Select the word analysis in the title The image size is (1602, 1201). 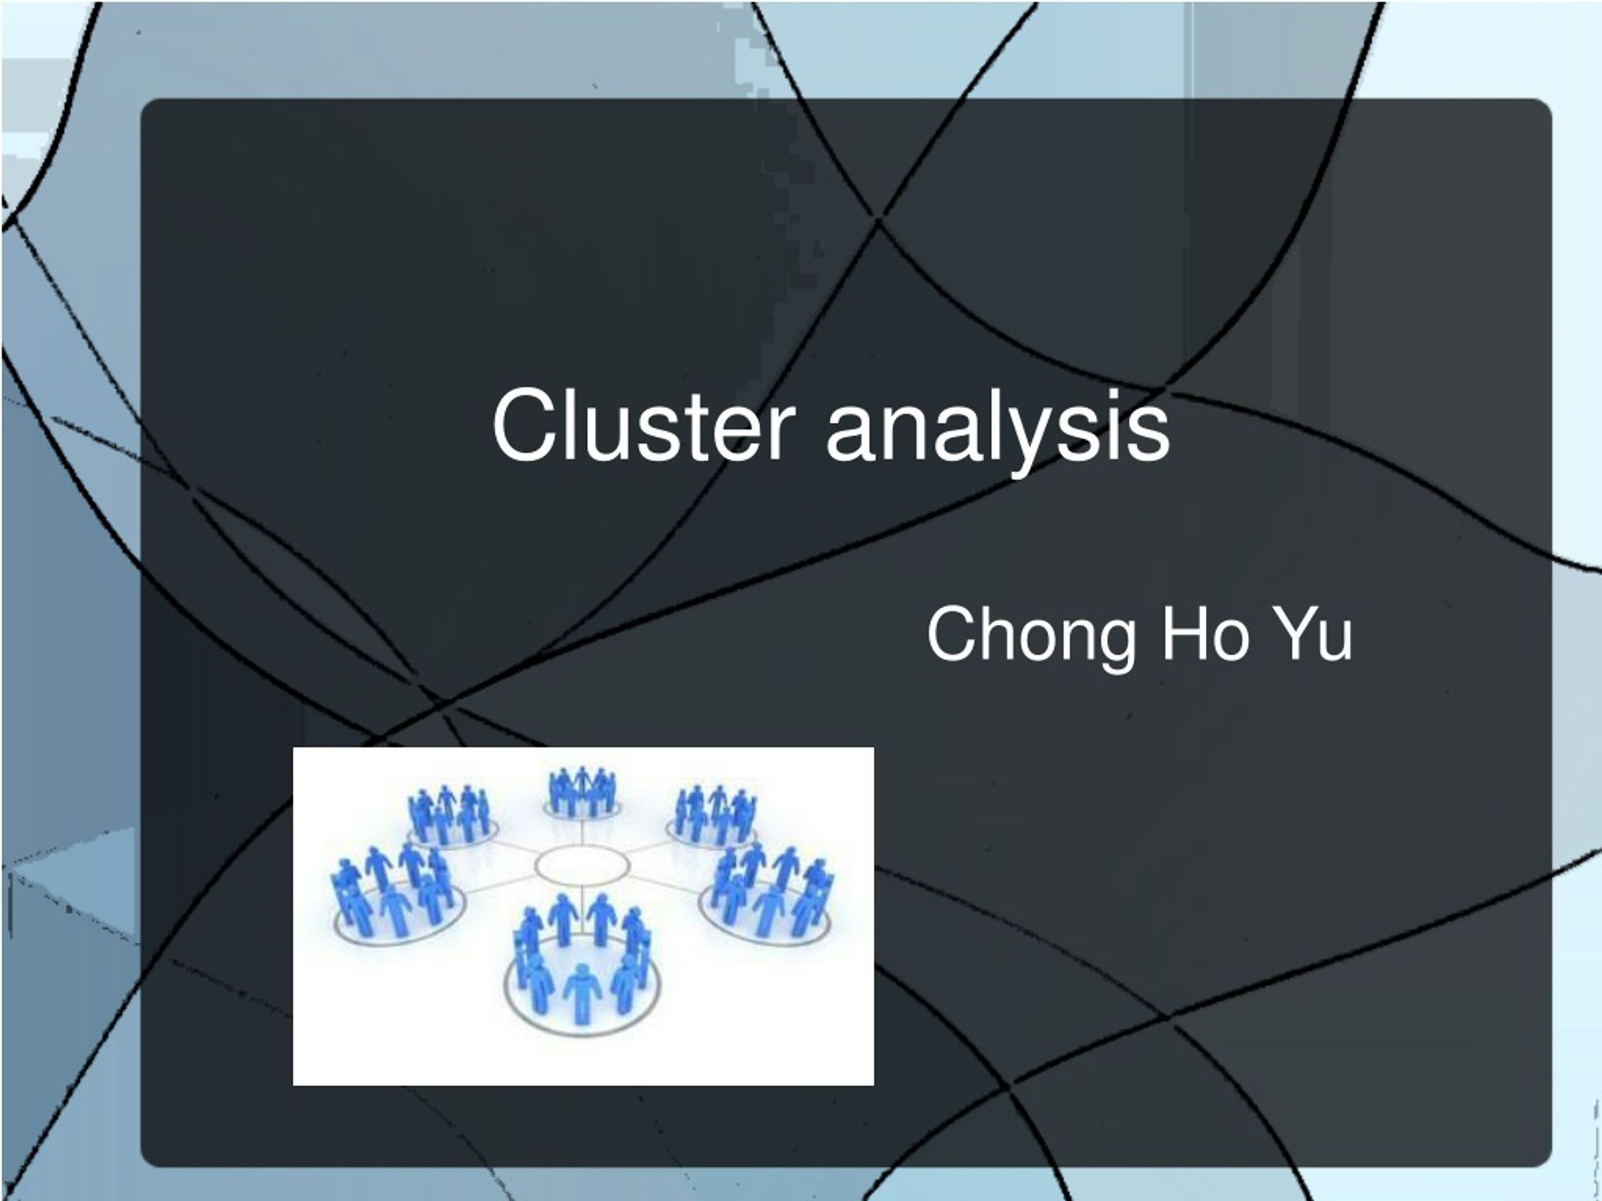tap(998, 432)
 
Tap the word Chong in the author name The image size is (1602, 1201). tap(1031, 636)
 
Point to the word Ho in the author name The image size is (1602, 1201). tap(1205, 634)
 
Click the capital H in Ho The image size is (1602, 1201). tap(1184, 634)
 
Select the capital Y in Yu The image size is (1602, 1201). tap(1295, 634)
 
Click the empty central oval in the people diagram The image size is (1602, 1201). tap(582, 864)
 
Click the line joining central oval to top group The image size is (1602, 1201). tap(582, 832)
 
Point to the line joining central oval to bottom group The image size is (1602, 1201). tap(582, 902)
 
